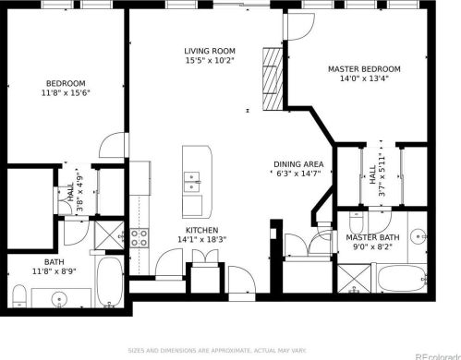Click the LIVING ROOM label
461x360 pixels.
210,51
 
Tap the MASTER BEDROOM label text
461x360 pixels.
364,69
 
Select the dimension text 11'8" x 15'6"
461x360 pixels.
66,93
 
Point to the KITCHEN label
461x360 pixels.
202,230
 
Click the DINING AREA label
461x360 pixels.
298,164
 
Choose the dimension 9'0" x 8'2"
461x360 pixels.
373,247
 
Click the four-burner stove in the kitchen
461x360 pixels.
140,238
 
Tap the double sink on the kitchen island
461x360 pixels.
191,182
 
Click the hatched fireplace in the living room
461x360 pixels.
273,78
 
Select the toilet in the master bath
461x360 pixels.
357,222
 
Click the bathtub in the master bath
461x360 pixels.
402,279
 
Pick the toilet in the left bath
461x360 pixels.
19,296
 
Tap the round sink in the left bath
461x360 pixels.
59,298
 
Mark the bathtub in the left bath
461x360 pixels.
110,282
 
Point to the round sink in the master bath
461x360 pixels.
419,236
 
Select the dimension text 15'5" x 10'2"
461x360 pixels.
210,61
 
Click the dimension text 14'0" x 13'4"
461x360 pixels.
364,78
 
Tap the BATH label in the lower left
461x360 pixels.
55,262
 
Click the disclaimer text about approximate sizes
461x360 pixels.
217,351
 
